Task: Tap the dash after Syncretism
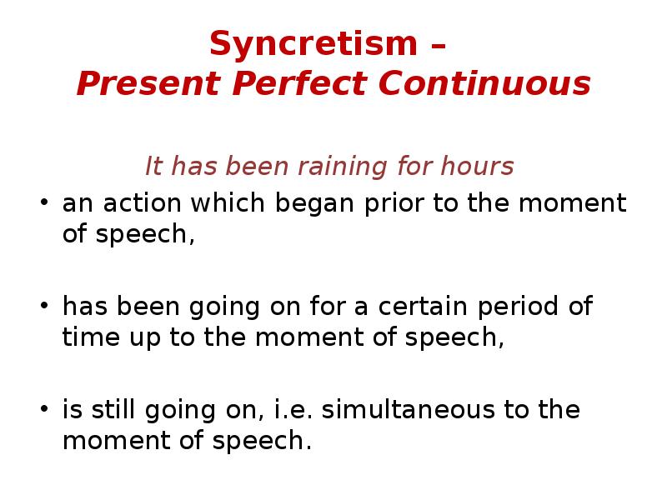point(438,47)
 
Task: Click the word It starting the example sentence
point(153,167)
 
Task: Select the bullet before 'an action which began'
point(45,204)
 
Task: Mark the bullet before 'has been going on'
point(45,307)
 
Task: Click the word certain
point(424,307)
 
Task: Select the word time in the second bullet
point(86,338)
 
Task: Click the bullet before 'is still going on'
point(45,411)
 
